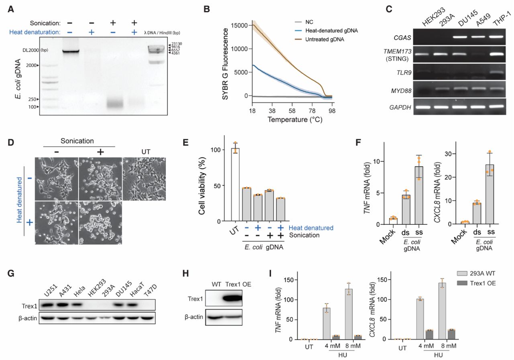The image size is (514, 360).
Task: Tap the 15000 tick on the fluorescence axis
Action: point(237,25)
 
